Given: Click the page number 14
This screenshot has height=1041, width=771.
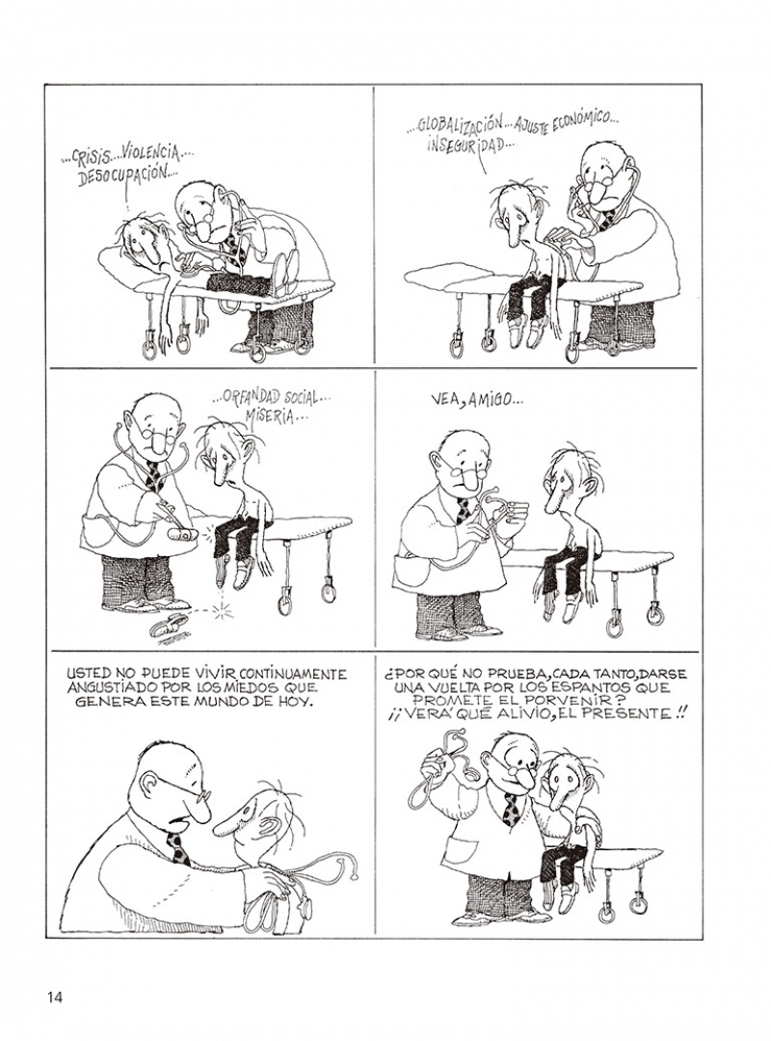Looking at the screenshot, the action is point(55,997).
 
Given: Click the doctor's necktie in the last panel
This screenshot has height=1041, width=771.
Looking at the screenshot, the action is point(512,810).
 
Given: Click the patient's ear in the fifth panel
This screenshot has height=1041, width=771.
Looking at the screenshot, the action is point(270,827).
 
